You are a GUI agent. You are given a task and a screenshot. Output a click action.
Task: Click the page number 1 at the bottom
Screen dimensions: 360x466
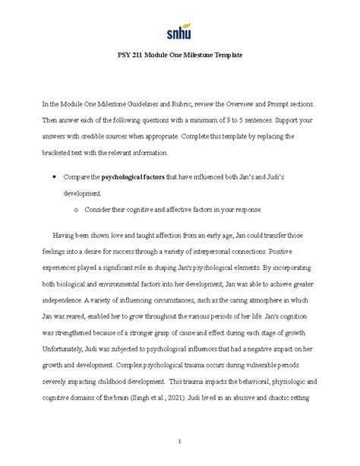[x=179, y=441]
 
